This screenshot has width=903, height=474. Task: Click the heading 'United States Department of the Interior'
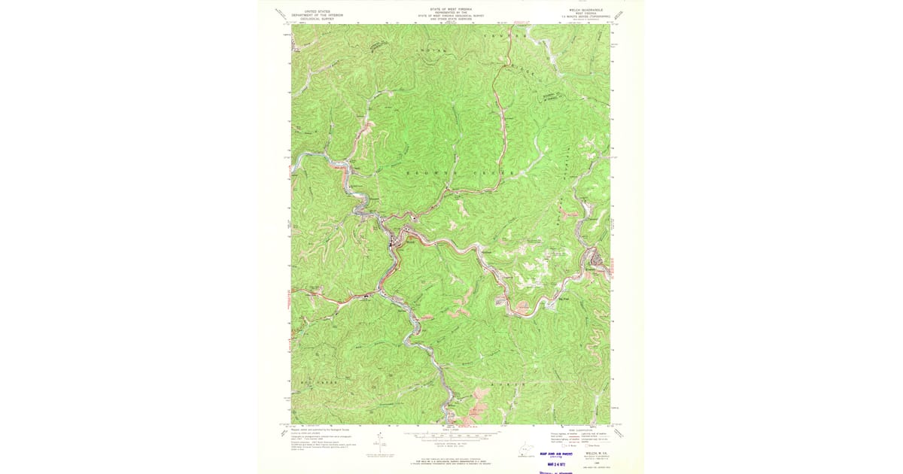(x=317, y=14)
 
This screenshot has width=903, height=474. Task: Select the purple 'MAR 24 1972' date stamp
(x=555, y=465)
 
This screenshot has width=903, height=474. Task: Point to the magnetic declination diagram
(x=379, y=444)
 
